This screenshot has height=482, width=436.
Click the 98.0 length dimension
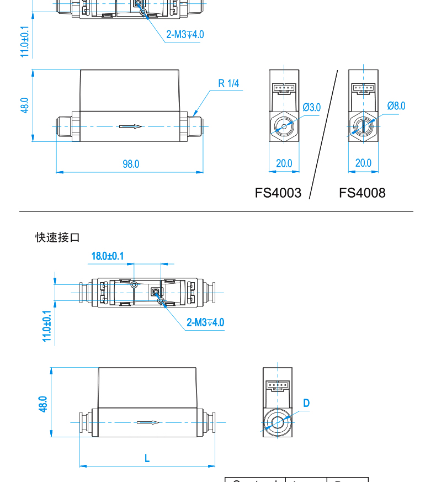131,164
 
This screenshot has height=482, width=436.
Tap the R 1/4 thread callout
228,84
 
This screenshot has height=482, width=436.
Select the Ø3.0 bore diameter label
312,107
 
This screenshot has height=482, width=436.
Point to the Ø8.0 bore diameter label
396,106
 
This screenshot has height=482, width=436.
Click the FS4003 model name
278,193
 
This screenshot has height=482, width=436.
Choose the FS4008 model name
362,193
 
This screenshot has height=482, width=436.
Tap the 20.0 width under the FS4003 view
284,163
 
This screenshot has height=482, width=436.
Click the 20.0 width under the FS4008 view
363,163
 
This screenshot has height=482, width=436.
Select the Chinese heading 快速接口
58,237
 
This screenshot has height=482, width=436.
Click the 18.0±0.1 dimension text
108,256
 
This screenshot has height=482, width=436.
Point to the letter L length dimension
147,458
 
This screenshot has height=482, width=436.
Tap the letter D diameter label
306,403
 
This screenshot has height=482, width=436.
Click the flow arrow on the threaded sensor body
131,127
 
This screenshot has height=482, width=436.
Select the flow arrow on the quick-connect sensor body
148,423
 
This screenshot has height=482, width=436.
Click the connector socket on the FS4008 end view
363,88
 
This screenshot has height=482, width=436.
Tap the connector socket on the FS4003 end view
284,88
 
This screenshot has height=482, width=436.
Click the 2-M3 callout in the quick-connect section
205,322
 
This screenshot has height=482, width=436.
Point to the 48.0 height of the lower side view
43,404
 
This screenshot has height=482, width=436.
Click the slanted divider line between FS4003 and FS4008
324,133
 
